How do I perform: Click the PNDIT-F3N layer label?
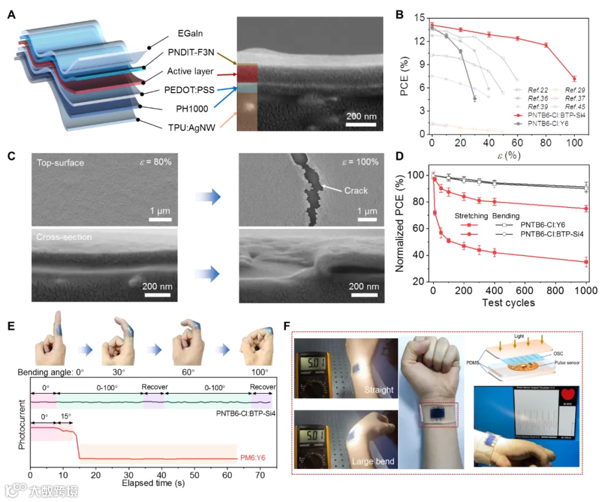[x=192, y=54]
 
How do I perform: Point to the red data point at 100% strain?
[x=574, y=79]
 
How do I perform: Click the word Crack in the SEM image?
[x=356, y=191]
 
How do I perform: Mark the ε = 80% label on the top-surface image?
[x=152, y=162]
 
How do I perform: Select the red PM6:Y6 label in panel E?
[x=253, y=458]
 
